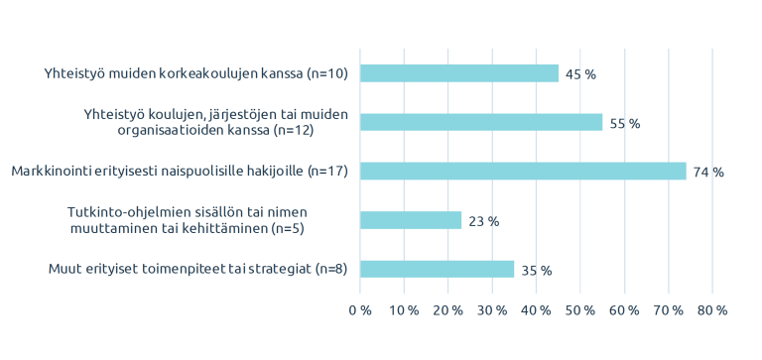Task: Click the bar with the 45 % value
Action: point(458,73)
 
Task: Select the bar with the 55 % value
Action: point(480,122)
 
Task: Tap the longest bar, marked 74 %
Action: point(522,171)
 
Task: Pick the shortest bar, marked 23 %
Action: point(410,220)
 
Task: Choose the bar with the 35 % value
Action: point(437,269)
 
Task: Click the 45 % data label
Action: point(580,74)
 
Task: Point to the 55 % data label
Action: point(625,123)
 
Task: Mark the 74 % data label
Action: point(708,172)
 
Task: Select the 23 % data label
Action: point(483,221)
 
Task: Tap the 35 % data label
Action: point(537,270)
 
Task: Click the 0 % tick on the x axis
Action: point(360,310)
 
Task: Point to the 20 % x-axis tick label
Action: point(448,310)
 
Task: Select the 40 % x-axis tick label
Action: point(537,310)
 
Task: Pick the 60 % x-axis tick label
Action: point(624,310)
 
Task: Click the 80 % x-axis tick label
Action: point(712,310)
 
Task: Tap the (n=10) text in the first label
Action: point(326,73)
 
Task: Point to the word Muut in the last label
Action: point(64,269)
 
